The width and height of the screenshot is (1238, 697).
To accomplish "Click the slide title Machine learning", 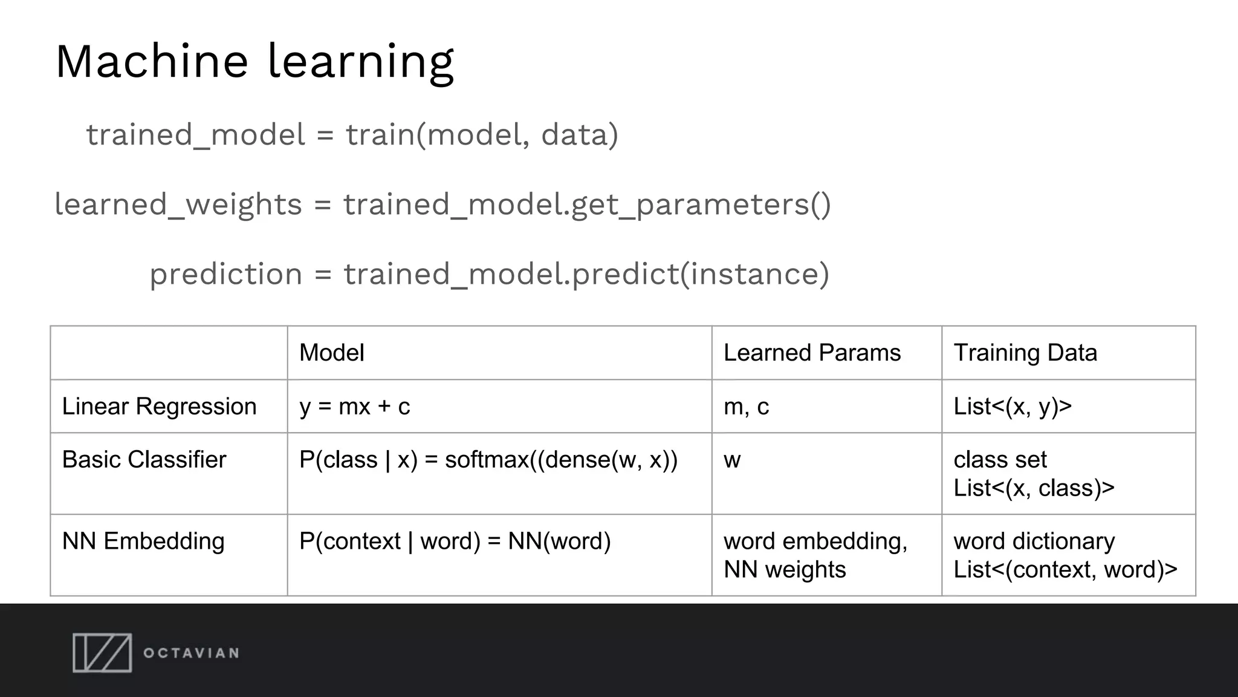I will [x=254, y=62].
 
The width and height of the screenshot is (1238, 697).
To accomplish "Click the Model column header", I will [x=332, y=353].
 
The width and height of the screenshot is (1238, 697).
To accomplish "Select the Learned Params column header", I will [x=812, y=353].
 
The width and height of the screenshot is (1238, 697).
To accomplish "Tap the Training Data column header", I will [x=1025, y=353].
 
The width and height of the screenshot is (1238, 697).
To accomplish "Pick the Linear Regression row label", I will [x=159, y=407].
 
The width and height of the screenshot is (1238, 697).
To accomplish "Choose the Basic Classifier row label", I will [x=144, y=460].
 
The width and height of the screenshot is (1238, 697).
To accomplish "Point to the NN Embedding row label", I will [x=143, y=541].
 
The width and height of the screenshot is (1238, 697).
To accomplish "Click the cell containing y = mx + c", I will [x=354, y=407].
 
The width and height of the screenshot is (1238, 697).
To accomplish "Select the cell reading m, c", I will [x=746, y=407].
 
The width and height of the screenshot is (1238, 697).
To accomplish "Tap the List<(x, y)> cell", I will [x=1013, y=407].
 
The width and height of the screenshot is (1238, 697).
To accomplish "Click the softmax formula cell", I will [x=488, y=460].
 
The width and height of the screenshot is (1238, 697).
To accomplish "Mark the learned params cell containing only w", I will [x=732, y=460].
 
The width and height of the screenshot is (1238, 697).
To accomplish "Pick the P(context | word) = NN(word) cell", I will [x=455, y=541].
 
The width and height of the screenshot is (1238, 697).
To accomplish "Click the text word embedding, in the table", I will [x=815, y=541].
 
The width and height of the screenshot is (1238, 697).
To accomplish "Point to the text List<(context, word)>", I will [x=1065, y=569].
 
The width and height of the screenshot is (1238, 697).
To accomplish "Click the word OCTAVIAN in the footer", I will [x=191, y=653].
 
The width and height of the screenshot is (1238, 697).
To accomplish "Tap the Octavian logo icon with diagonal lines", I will [x=102, y=653].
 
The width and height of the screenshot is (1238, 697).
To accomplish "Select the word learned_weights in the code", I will [x=178, y=205].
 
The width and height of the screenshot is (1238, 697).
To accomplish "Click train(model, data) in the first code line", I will [x=482, y=134].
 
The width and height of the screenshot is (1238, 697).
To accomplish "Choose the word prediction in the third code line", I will [x=225, y=274].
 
